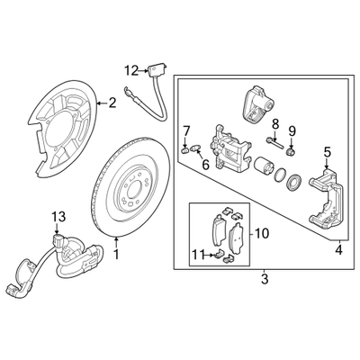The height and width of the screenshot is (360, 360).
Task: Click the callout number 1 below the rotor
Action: coord(116,255)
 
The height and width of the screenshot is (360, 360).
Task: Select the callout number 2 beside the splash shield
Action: coord(112,103)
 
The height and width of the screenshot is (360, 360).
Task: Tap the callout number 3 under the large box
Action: coord(264,279)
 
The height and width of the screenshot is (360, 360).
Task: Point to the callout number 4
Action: coord(338,250)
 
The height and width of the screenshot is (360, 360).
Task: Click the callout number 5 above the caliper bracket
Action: coord(327,152)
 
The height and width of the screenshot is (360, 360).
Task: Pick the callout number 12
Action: coord(132,71)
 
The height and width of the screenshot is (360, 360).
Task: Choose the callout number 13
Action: coord(58,216)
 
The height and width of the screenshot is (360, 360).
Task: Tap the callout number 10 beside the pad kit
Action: coord(262,233)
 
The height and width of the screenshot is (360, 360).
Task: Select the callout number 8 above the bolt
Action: coord(275,123)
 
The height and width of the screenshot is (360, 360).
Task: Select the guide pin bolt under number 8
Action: coord(274,142)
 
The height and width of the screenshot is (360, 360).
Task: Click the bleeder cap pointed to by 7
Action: coord(185,149)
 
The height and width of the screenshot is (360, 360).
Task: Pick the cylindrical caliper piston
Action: coord(264,166)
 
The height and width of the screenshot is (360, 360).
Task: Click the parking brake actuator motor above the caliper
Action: coord(256,103)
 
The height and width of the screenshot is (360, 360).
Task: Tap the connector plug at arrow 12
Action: coord(156,69)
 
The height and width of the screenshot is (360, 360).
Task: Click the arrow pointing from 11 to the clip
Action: coord(209,256)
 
